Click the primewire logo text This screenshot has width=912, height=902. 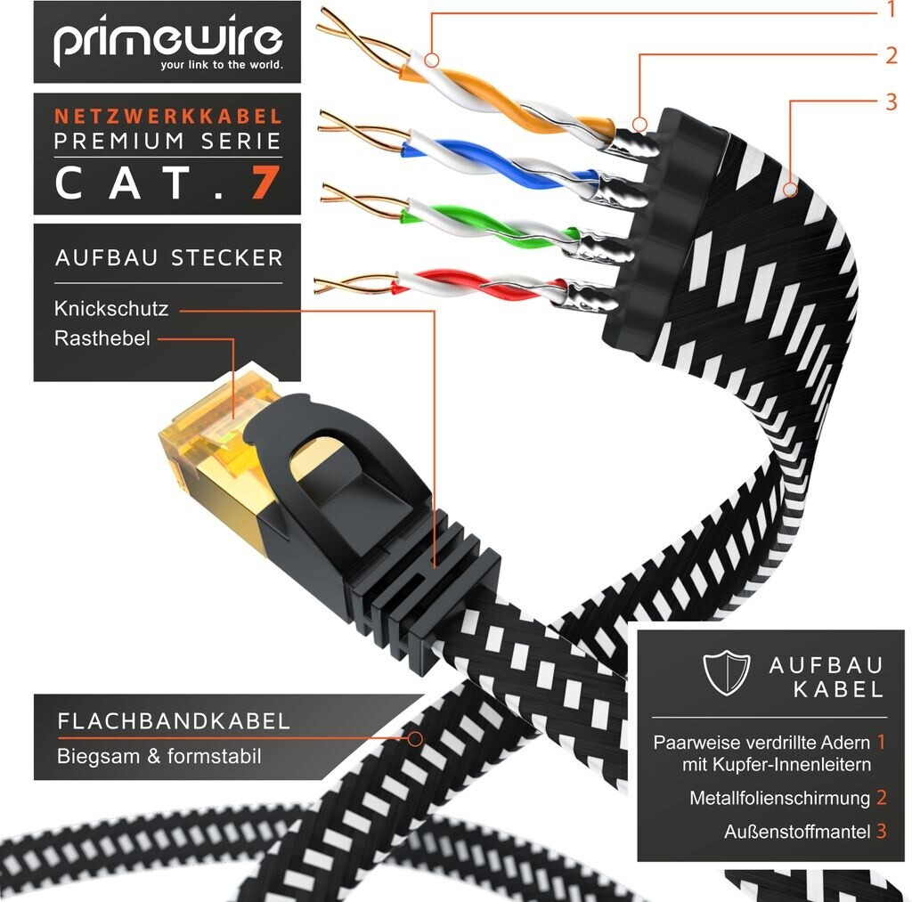(167, 39)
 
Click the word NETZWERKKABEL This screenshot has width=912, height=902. (168, 117)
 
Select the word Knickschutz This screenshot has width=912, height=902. (110, 309)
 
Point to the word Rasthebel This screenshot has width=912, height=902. (102, 338)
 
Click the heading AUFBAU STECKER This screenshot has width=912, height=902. (168, 258)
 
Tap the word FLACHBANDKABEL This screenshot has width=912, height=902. (174, 721)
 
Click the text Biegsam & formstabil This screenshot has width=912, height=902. (159, 757)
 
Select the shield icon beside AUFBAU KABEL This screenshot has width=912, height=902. (726, 674)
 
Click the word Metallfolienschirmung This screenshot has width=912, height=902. (779, 798)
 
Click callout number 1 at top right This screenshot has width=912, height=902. (889, 10)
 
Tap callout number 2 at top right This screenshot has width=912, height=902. (891, 55)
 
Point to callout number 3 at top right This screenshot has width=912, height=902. (891, 101)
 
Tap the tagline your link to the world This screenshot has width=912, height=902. (221, 65)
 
